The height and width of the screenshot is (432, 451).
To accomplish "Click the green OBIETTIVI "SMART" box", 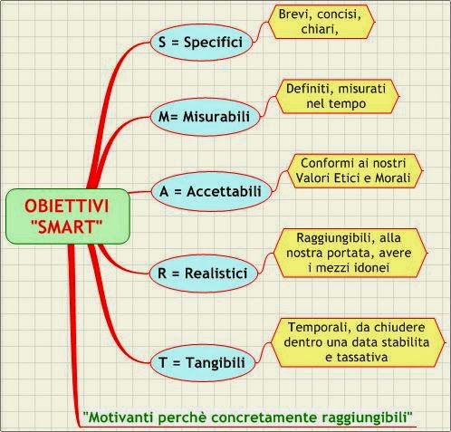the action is click(x=68, y=216).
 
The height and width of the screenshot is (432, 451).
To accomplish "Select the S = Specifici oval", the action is click(x=201, y=43).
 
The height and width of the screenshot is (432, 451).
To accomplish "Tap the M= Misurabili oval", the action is click(x=205, y=117).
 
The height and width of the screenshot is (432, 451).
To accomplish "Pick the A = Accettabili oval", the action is click(x=211, y=191).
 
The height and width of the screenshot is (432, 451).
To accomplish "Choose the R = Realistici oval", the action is click(x=204, y=274).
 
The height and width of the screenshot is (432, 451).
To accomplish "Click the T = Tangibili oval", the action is click(x=203, y=362).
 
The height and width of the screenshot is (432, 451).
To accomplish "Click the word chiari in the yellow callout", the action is click(x=319, y=29).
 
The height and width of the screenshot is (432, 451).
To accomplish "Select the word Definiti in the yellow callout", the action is click(x=310, y=89).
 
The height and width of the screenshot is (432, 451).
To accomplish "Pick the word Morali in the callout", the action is click(x=392, y=178).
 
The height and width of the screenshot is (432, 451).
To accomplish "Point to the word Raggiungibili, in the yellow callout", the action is click(x=336, y=238).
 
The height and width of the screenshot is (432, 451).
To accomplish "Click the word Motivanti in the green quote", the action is click(x=119, y=418).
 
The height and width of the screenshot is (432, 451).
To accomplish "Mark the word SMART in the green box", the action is click(x=67, y=226).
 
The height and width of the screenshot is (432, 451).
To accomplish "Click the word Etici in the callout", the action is click(x=348, y=178).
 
